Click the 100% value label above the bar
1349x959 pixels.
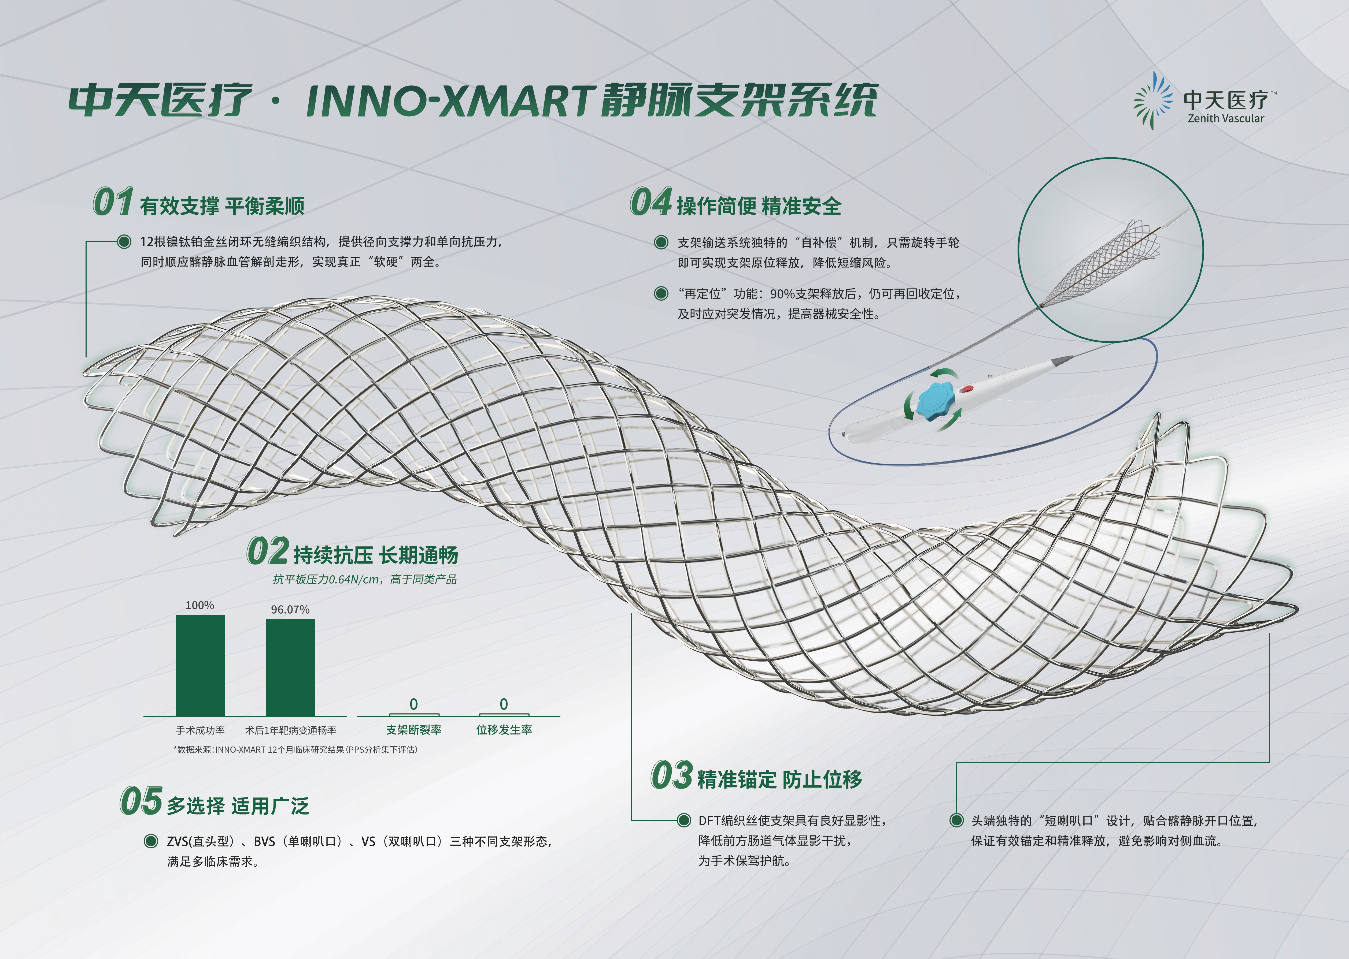tap(200, 605)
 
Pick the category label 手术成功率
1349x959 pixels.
tap(200, 730)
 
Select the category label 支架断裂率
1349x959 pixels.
tap(414, 730)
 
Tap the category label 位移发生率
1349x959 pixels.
tap(504, 730)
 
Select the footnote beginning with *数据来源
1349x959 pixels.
tap(295, 749)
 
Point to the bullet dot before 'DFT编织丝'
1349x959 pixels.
tap(684, 820)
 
